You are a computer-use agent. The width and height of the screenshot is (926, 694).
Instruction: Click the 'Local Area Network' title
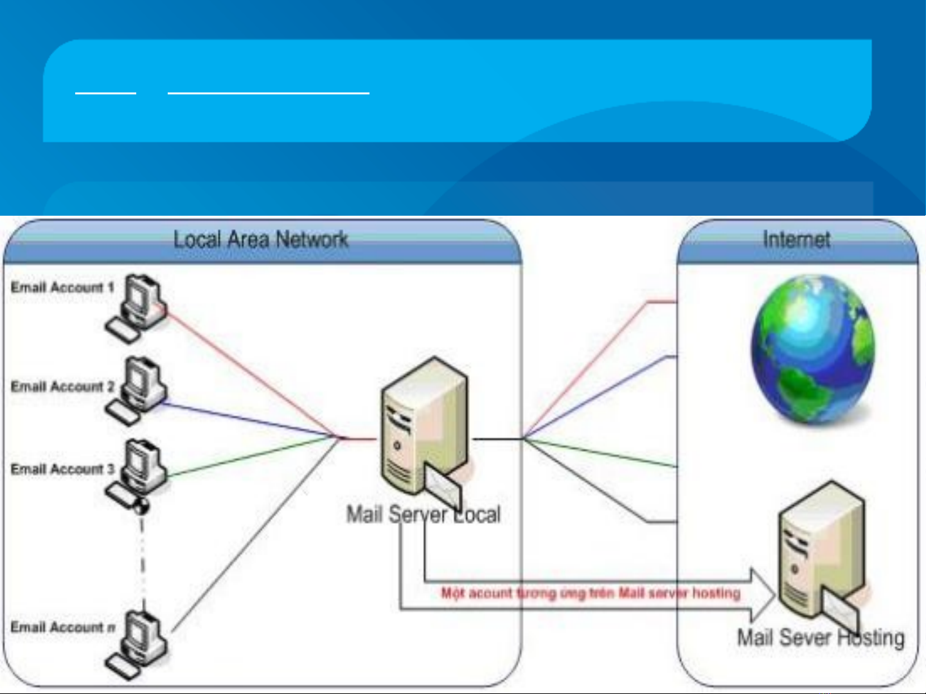coord(261,239)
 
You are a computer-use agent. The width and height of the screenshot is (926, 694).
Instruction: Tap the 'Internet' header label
coord(796,239)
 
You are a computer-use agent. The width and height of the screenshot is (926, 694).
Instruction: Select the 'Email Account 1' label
coord(62,288)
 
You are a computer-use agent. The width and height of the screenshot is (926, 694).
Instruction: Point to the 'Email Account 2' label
coord(62,386)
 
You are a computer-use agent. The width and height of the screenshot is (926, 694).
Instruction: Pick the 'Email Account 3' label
coord(62,469)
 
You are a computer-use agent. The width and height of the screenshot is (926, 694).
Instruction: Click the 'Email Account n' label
coord(62,627)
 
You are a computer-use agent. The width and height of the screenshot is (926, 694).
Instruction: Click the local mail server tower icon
coord(424,430)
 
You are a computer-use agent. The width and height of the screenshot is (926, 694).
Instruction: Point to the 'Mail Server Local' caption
coord(423,514)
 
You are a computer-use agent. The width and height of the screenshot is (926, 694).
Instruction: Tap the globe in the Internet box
coord(812,349)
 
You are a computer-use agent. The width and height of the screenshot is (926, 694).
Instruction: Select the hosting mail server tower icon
coord(819,552)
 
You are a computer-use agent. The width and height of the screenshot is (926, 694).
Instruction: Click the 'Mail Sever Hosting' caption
coord(821,638)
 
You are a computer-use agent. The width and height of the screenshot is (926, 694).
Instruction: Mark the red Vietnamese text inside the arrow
coord(590,593)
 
